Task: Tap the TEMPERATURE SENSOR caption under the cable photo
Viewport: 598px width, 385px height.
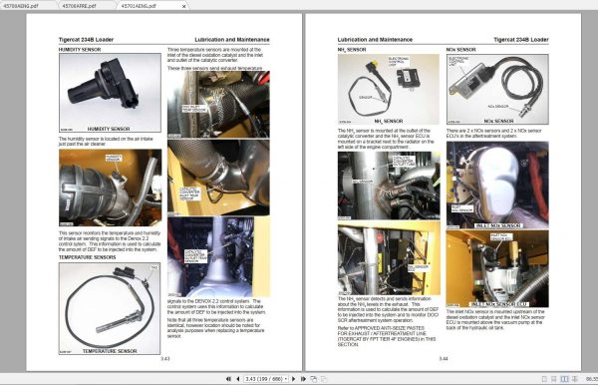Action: (x=109, y=351)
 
